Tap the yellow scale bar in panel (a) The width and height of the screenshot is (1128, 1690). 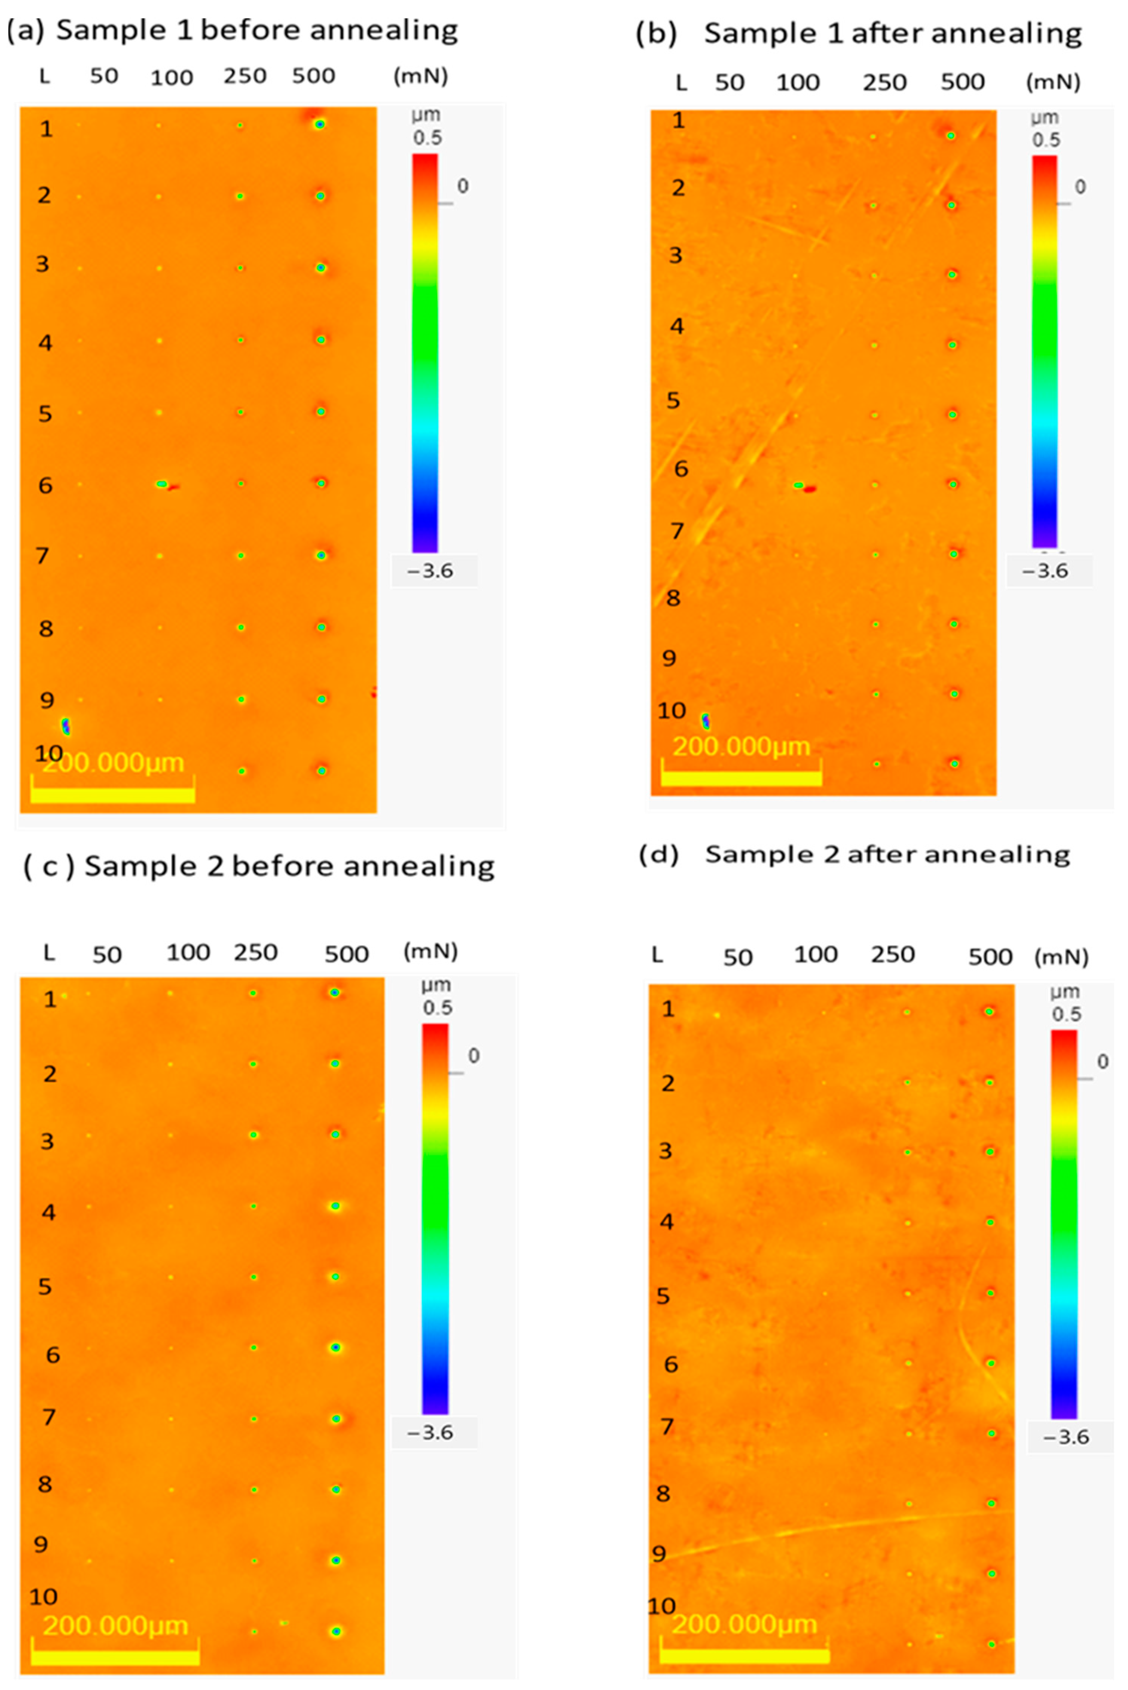113,794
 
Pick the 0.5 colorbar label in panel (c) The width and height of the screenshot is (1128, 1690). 437,1008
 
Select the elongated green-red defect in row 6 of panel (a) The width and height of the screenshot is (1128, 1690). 165,485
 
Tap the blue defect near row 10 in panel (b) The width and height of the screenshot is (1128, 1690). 706,720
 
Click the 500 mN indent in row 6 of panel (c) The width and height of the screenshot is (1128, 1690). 335,1347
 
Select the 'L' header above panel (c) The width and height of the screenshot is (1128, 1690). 49,953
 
